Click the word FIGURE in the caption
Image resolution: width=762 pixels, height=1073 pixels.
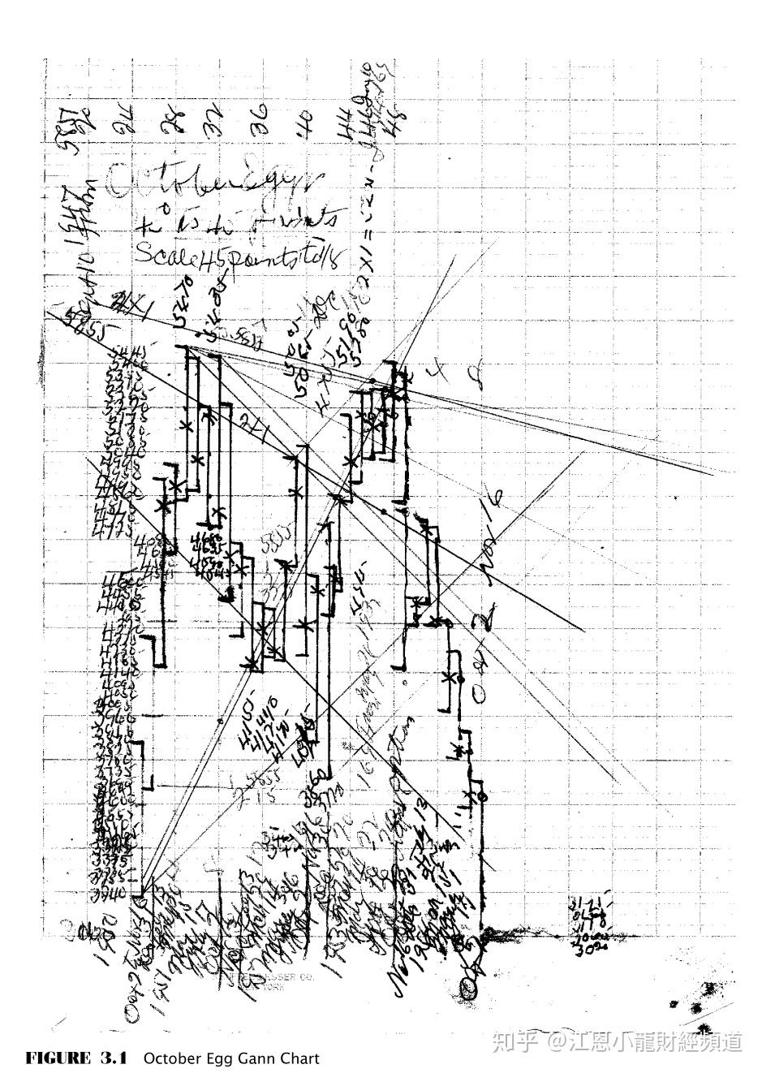pos(58,1058)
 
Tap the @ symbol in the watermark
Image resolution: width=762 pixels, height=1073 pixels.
pos(556,1041)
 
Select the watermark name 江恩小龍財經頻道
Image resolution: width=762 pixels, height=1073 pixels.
pos(656,1041)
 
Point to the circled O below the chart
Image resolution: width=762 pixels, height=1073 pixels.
pos(470,988)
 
